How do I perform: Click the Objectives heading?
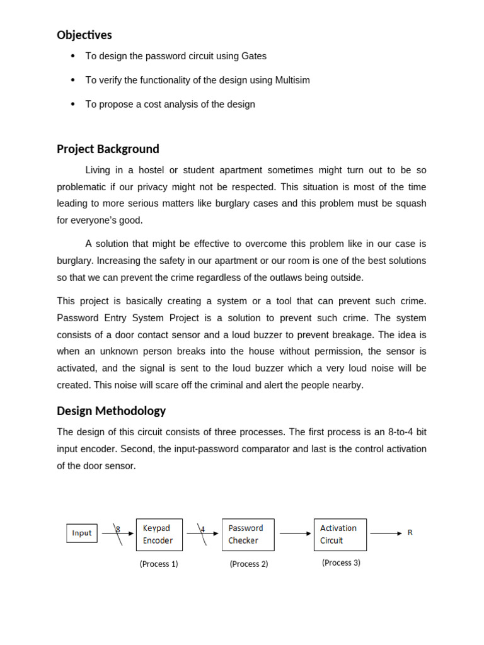pyautogui.click(x=84, y=35)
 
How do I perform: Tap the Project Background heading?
pyautogui.click(x=108, y=149)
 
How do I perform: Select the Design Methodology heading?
pyautogui.click(x=111, y=411)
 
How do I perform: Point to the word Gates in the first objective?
pyautogui.click(x=254, y=57)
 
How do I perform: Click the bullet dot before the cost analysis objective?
pyautogui.click(x=73, y=104)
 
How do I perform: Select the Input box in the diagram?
pyautogui.click(x=82, y=534)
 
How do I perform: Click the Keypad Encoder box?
pyautogui.click(x=159, y=535)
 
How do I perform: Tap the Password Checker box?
pyautogui.click(x=248, y=535)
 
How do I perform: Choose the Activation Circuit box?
pyautogui.click(x=340, y=535)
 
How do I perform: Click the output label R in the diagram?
pyautogui.click(x=410, y=533)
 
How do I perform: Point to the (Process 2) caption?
pyautogui.click(x=248, y=564)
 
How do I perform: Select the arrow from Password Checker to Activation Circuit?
pyautogui.click(x=294, y=534)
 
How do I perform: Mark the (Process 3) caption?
pyautogui.click(x=341, y=563)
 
